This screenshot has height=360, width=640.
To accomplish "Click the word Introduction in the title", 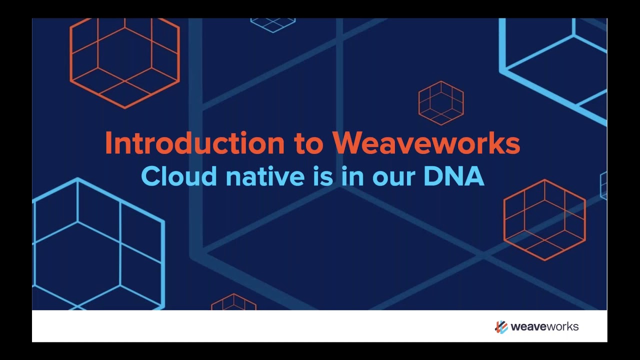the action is pos(195,143).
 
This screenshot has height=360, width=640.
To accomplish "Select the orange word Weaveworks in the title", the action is pos(426,143).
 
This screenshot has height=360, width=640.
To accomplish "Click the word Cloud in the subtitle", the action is pos(179,175).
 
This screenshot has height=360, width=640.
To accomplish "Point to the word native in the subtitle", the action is pos(265,176).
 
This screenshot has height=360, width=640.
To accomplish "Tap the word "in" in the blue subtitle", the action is pos(353,176).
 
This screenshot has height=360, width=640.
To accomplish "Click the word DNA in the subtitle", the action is pos(454,176).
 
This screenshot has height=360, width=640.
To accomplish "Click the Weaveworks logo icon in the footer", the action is pos(501,327).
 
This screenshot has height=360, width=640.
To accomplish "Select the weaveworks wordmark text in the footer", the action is pos(544,326).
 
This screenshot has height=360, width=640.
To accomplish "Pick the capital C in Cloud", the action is pos(150,176).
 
